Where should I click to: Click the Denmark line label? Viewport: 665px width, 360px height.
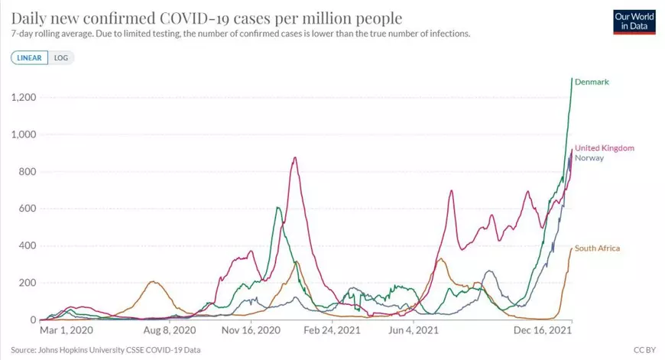(591, 82)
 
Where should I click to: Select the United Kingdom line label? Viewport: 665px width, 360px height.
(604, 148)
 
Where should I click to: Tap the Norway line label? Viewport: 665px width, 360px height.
(589, 158)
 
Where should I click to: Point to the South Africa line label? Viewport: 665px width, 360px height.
(597, 248)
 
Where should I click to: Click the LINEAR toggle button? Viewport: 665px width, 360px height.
(29, 57)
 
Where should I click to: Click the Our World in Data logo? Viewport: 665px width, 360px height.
(634, 21)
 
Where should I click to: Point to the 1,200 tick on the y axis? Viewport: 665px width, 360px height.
(24, 97)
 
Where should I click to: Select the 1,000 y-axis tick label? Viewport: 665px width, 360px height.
(24, 135)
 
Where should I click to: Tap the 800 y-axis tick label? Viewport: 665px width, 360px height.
(28, 172)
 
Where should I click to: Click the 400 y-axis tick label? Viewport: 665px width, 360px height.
(28, 246)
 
